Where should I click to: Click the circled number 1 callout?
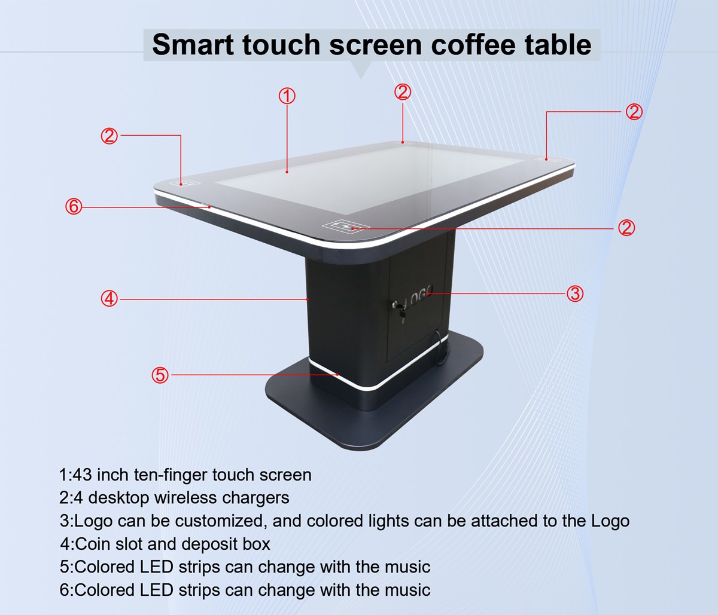point(287,96)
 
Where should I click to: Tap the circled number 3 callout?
point(575,293)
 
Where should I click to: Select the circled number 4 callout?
point(109,298)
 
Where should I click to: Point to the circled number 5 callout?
point(160,375)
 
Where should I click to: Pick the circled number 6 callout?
point(73,207)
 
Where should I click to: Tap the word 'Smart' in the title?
point(193,44)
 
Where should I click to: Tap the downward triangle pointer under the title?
point(361,69)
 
